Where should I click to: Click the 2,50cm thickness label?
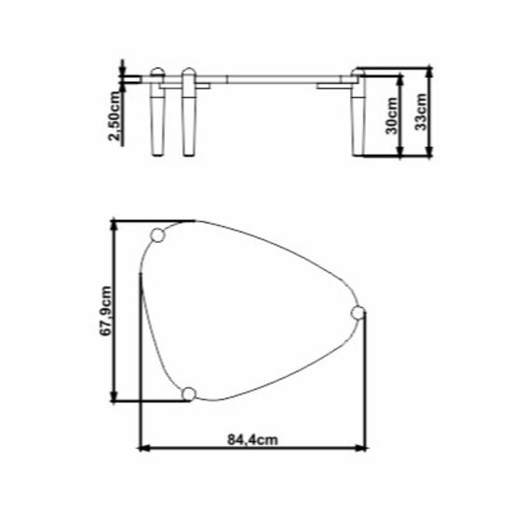[x=115, y=116]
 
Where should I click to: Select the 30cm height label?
[x=392, y=116]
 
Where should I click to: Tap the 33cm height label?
[x=421, y=112]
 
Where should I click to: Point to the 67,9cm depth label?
[x=105, y=311]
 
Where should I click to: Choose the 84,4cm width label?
[x=252, y=439]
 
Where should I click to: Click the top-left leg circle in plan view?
[x=157, y=236]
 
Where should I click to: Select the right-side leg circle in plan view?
[x=357, y=313]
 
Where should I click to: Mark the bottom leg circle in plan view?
[x=189, y=394]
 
